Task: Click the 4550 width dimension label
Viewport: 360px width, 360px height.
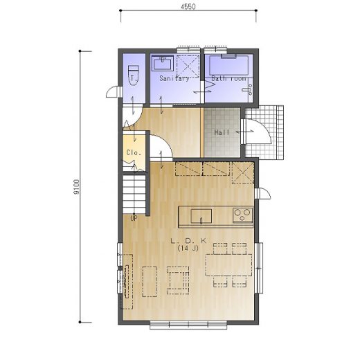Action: [188, 7]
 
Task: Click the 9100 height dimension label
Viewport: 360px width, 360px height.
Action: [77, 187]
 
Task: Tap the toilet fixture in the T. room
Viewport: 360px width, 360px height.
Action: [134, 75]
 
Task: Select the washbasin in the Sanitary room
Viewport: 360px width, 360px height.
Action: [163, 63]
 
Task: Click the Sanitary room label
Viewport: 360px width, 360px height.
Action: [174, 78]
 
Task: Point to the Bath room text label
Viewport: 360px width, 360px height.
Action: [228, 78]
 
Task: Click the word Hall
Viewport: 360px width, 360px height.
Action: [222, 132]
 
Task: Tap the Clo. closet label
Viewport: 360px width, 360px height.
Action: [134, 152]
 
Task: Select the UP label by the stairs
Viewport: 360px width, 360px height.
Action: [134, 218]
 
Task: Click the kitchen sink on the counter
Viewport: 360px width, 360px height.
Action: [201, 216]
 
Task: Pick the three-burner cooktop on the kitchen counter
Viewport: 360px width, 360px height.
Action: [242, 215]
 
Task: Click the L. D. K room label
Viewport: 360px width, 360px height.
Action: [188, 241]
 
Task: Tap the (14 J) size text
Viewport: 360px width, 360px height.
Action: [188, 249]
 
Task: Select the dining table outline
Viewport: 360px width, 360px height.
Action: [228, 265]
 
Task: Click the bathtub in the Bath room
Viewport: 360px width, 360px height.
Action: [228, 65]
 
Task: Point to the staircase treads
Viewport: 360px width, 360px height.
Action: [134, 194]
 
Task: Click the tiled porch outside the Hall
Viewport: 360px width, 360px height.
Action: [264, 132]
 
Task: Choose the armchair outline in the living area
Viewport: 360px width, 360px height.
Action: [178, 280]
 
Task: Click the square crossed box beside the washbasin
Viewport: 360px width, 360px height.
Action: [188, 66]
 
